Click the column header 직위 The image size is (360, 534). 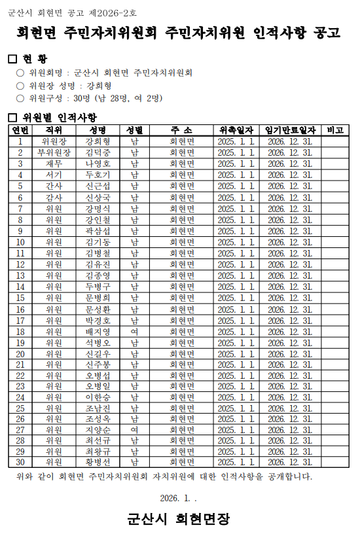pos(54,130)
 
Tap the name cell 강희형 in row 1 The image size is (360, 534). pos(98,141)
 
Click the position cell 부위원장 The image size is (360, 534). pos(54,152)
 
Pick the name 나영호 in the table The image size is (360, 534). pos(98,164)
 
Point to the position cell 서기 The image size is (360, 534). pos(54,175)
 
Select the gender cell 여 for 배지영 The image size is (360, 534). pos(134,331)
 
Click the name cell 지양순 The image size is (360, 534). pos(98,430)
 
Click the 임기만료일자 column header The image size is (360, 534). pos(290,130)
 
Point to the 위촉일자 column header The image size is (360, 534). pos(236,130)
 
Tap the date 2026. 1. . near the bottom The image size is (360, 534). pos(179,498)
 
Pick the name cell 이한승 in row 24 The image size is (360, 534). pos(98,397)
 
